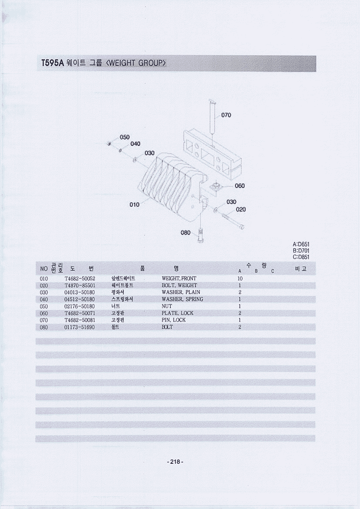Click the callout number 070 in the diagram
tap(226, 115)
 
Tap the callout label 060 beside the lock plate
tap(240, 186)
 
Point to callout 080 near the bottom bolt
tap(185, 233)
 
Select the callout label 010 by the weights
tap(135, 204)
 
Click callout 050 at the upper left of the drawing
tap(125, 137)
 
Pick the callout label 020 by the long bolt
tap(241, 209)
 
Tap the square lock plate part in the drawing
tap(215, 187)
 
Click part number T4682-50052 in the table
tap(80, 278)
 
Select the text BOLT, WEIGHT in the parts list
tap(179, 285)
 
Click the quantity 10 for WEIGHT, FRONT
tap(240, 278)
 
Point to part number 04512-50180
tap(80, 299)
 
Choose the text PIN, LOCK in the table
tap(174, 320)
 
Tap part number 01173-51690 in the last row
tap(80, 327)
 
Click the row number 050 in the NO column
tap(44, 306)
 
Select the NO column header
tap(44, 269)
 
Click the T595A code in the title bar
tap(53, 63)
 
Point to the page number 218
tap(175, 462)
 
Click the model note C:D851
tap(301, 257)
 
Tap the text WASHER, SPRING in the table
tap(182, 299)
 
